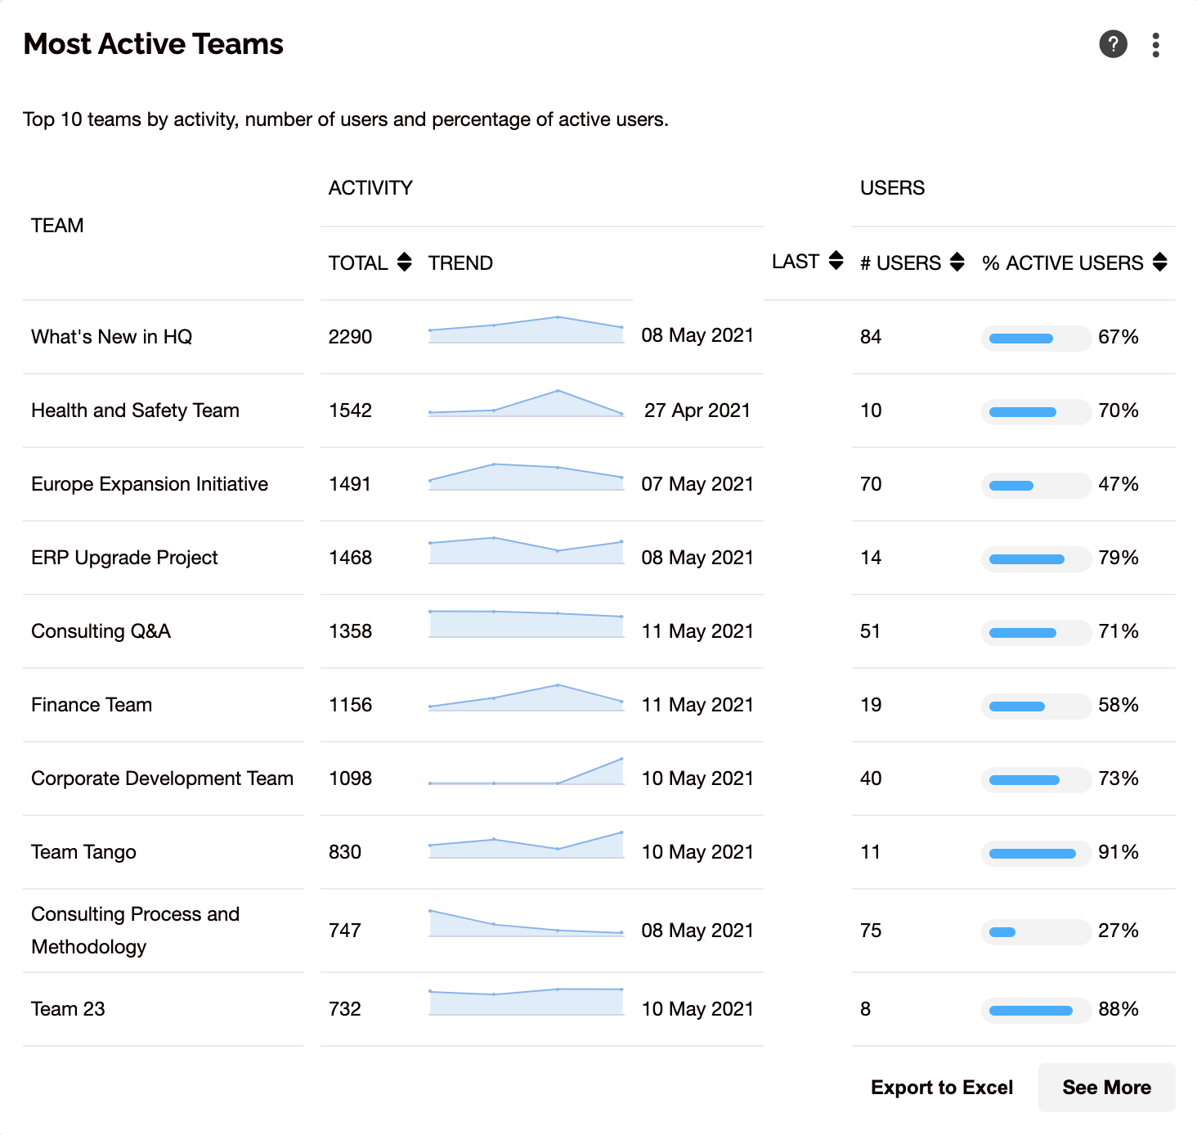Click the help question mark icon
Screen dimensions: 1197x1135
coord(1113,44)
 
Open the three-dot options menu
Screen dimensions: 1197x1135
coord(1155,45)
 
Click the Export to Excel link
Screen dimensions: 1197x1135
coord(942,1087)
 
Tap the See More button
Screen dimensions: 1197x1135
coord(1106,1087)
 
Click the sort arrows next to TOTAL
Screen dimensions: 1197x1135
coord(404,262)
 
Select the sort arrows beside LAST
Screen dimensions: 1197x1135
coord(836,260)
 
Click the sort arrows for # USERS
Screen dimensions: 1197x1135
coord(957,262)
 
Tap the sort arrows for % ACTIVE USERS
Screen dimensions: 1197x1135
coord(1160,262)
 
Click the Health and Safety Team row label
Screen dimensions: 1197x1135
coord(135,410)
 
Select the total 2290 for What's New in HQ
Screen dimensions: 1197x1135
coord(350,337)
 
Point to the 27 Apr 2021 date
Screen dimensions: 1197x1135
coord(697,410)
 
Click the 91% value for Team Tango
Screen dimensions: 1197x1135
coord(1118,852)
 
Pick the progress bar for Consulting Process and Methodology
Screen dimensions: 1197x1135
coord(1036,931)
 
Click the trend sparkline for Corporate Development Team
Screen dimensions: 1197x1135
coord(526,771)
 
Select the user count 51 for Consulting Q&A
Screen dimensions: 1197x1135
coord(870,630)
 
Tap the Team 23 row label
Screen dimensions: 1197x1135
coord(68,1009)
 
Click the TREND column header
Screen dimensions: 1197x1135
coord(460,263)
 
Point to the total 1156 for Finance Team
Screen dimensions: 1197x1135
coord(350,705)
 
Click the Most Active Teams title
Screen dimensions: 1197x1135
coord(154,44)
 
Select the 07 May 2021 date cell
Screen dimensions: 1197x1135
coord(697,484)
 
